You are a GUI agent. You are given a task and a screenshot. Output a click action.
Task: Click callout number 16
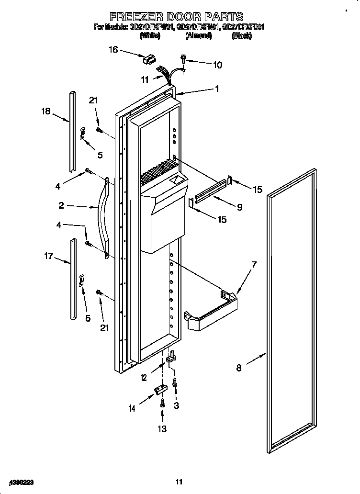(x=113, y=49)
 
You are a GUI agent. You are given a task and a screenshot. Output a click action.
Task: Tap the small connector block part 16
(x=148, y=60)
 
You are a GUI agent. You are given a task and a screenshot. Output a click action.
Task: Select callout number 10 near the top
(x=217, y=65)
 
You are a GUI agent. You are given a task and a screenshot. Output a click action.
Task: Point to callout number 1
(x=217, y=89)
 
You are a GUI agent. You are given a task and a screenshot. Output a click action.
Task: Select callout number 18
(x=45, y=112)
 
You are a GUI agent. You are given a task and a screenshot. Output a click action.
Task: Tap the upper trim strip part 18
(x=72, y=129)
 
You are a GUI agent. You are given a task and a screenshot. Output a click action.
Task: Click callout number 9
(x=239, y=207)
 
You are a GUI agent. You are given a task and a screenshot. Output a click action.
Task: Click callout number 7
(x=254, y=264)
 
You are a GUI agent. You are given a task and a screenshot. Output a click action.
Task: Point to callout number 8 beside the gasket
(x=239, y=368)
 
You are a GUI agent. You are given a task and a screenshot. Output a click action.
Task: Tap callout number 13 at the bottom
(x=162, y=429)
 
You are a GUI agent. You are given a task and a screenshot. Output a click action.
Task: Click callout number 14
(x=132, y=408)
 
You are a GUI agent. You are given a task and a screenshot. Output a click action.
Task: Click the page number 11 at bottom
(x=180, y=482)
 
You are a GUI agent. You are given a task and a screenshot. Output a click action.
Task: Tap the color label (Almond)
(x=198, y=36)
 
